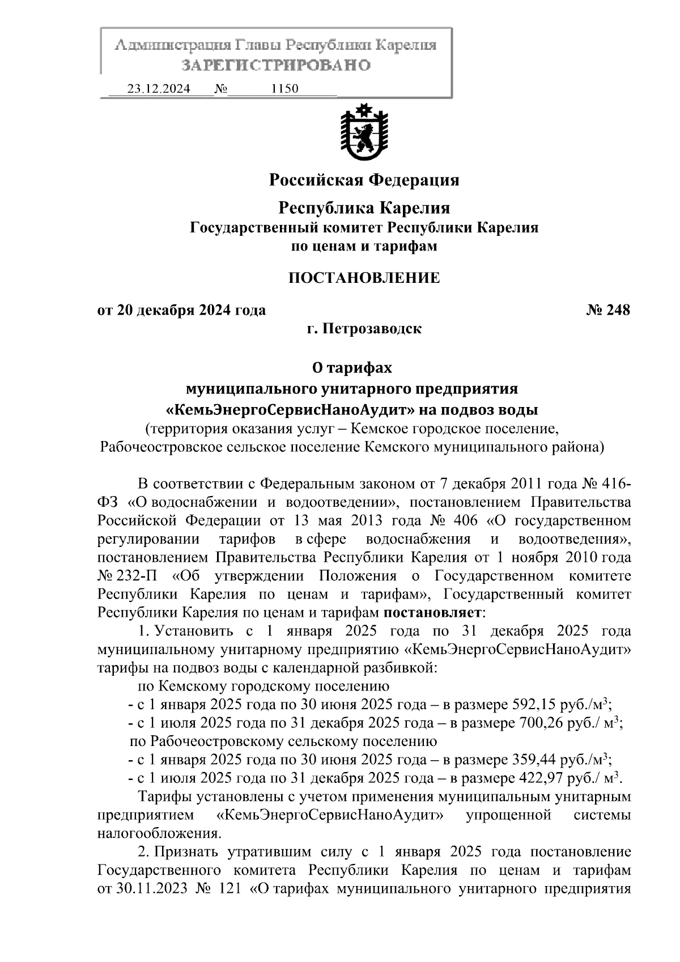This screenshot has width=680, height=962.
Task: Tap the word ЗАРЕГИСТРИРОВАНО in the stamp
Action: click(276, 65)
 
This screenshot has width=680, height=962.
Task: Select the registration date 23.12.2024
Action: click(158, 89)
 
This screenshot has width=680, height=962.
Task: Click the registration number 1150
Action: click(285, 89)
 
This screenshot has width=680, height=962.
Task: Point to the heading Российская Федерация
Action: click(364, 180)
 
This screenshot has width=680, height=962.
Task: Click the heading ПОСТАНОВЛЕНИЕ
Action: click(364, 278)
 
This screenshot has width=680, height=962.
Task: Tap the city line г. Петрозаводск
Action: click(364, 329)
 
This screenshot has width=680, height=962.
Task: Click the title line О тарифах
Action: click(352, 368)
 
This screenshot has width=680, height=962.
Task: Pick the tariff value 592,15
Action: click(533, 705)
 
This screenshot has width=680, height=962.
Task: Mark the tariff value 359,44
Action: click(533, 759)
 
